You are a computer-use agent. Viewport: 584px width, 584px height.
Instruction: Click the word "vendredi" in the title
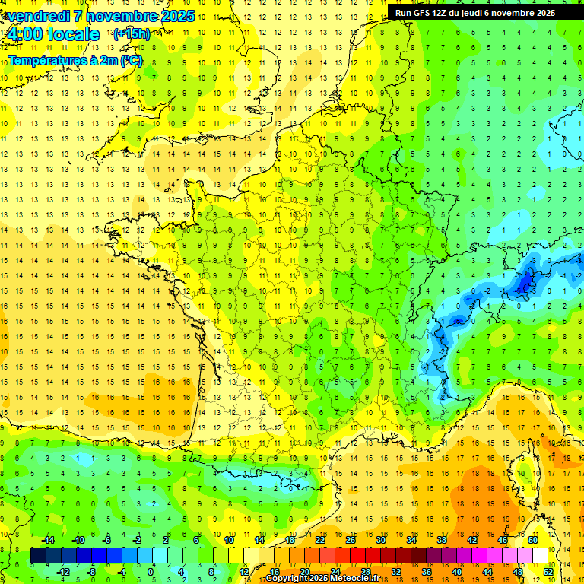(x=38, y=16)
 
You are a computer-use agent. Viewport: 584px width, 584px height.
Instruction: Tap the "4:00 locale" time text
(x=53, y=34)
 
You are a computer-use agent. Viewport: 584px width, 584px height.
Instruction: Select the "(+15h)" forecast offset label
(x=131, y=34)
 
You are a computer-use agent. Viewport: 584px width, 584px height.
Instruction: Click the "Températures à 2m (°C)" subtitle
(x=75, y=60)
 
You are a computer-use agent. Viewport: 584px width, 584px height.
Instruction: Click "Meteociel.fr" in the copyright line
(x=362, y=579)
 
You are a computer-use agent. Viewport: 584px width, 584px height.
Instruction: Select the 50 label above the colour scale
(x=532, y=540)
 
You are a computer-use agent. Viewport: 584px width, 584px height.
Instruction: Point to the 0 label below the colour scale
(x=150, y=572)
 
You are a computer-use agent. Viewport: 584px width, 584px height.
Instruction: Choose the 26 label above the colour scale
(x=350, y=540)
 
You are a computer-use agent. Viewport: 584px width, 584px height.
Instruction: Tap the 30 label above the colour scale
(x=380, y=540)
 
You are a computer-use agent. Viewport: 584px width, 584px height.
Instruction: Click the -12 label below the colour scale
(x=63, y=572)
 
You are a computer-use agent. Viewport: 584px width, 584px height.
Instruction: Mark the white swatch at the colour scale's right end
(x=540, y=556)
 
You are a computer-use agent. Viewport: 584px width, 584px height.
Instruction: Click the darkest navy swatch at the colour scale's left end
(x=38, y=556)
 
